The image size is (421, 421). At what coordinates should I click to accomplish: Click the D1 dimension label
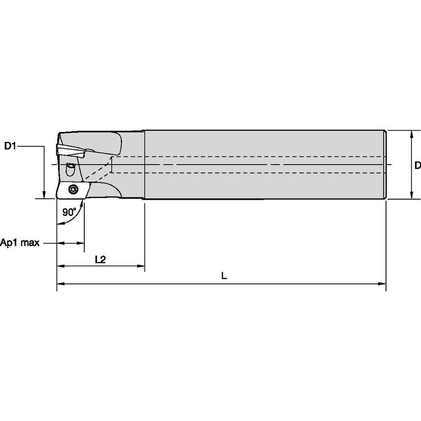11,146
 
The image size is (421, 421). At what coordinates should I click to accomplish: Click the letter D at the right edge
417,165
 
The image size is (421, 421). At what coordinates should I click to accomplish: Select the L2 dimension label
100,259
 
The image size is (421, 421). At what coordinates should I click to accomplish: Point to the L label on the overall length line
224,276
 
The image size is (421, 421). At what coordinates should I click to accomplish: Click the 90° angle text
70,212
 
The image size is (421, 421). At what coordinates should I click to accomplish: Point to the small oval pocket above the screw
70,170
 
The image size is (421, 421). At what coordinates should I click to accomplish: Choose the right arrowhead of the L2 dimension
140,266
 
